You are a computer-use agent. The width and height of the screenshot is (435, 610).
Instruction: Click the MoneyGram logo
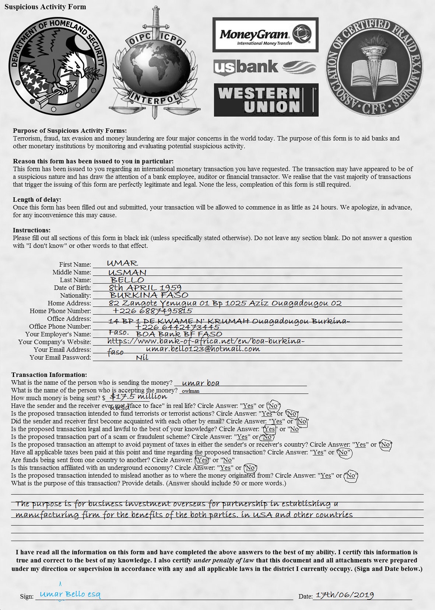pyautogui.click(x=265, y=35)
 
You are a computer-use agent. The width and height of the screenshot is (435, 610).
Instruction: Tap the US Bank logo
pyautogui.click(x=264, y=67)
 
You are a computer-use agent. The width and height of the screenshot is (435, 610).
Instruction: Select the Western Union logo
pyautogui.click(x=266, y=100)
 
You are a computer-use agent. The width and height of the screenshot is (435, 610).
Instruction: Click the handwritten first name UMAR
pyautogui.click(x=122, y=263)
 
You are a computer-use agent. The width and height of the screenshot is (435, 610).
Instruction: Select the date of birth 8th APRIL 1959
pyautogui.click(x=145, y=287)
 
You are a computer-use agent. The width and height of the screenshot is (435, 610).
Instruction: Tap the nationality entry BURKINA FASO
pyautogui.click(x=149, y=295)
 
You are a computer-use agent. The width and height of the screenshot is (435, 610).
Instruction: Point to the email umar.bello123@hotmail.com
pyautogui.click(x=203, y=349)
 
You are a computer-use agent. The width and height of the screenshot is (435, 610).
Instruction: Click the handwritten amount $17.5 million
pyautogui.click(x=138, y=397)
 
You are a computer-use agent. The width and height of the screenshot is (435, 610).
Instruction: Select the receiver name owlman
pyautogui.click(x=190, y=391)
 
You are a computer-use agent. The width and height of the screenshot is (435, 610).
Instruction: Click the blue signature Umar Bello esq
pyautogui.click(x=70, y=594)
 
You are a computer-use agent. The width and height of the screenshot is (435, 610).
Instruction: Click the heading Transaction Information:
pyautogui.click(x=49, y=375)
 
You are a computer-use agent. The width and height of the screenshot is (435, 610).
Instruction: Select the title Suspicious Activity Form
pyautogui.click(x=45, y=7)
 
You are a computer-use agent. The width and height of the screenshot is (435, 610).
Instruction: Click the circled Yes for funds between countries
pyautogui.click(x=202, y=460)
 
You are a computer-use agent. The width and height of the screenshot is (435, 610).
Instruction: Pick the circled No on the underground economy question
pyautogui.click(x=250, y=468)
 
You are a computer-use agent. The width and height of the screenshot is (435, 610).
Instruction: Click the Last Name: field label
pyautogui.click(x=75, y=280)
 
